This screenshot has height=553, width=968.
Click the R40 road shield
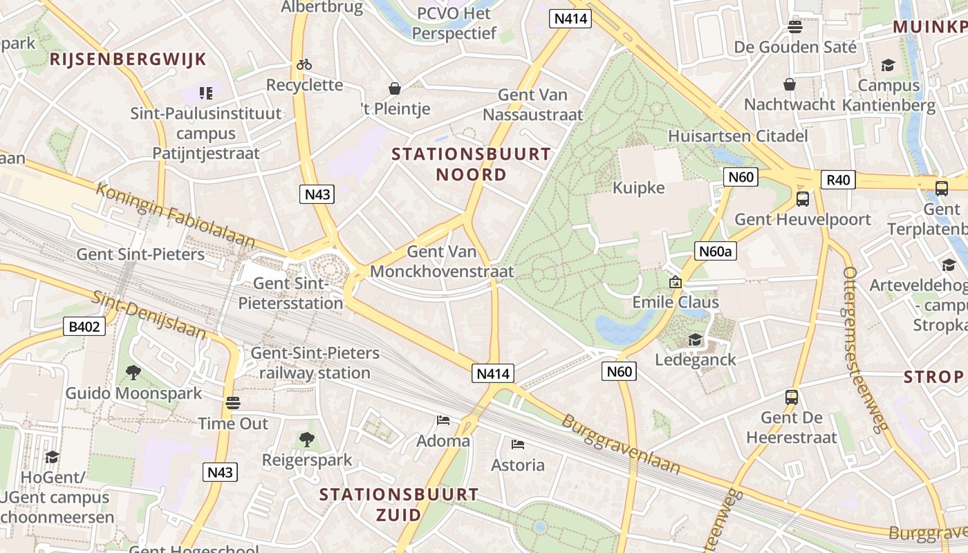coord(838,180)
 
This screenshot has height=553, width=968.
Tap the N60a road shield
coord(715,251)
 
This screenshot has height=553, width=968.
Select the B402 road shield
coord(86,326)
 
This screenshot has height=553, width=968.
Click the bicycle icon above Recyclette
coord(304,64)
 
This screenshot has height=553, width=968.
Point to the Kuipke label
coord(638,188)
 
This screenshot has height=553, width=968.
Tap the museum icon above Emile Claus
coord(676,282)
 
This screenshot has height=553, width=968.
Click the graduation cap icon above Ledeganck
coord(695,340)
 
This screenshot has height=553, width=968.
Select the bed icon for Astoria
coord(517,444)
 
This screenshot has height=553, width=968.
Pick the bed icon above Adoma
coord(443,420)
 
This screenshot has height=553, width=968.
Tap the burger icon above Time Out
coord(233,403)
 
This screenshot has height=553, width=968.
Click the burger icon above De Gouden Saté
coord(795,27)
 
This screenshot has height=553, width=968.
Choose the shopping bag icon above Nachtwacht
coord(790,84)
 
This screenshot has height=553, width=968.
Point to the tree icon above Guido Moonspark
coord(133,373)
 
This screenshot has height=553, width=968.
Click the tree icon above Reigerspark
coord(306,439)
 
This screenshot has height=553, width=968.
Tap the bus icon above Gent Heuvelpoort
coord(803,199)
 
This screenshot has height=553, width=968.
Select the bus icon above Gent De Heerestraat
coord(792,397)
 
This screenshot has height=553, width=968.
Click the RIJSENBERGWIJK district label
coord(128,59)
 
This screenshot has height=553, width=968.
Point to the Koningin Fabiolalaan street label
coord(176,214)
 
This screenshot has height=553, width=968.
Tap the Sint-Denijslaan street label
coord(149,315)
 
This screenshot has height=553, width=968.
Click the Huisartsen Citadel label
coord(738,136)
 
